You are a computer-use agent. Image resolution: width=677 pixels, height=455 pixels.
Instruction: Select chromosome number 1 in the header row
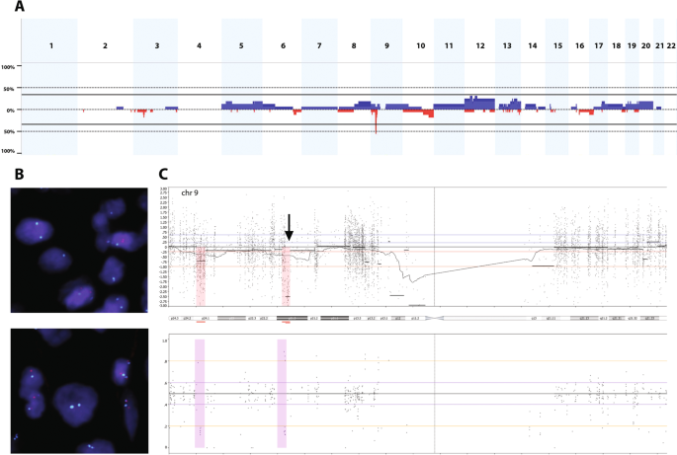tap(51, 46)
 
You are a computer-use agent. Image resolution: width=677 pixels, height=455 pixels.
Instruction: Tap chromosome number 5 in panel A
tap(241, 46)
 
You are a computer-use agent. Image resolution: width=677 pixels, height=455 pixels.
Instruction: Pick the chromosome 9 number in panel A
tap(386, 46)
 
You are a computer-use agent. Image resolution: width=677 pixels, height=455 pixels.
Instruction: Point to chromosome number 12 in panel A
tap(479, 46)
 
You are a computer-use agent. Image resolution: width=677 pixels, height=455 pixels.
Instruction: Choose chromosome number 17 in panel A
tap(599, 46)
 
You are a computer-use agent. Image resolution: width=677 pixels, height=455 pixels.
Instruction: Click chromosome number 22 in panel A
tap(671, 46)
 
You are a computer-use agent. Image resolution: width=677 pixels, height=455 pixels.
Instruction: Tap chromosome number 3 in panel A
tap(156, 46)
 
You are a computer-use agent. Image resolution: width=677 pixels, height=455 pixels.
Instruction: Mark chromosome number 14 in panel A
tap(532, 46)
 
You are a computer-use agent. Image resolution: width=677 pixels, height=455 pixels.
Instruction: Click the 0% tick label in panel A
tap(9, 110)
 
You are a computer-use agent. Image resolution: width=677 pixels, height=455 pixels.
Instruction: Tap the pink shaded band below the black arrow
tap(287, 276)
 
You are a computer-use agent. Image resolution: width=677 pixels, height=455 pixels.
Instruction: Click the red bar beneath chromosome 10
tap(420, 112)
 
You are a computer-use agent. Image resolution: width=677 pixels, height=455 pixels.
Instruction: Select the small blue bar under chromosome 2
tap(120, 108)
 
